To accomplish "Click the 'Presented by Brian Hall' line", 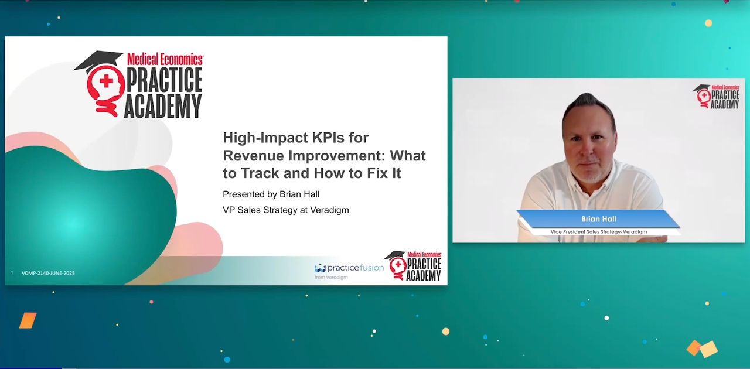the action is click(271, 194).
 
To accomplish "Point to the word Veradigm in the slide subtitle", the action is click(329, 210).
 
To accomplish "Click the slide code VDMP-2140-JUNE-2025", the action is click(48, 273).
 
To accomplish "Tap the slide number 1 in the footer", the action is click(12, 273).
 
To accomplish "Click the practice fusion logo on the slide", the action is click(349, 268).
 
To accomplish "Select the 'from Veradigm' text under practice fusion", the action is click(331, 277).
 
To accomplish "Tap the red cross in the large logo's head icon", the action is click(106, 81).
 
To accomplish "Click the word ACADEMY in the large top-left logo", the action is click(163, 106).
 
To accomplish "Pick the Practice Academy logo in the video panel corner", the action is click(716, 97).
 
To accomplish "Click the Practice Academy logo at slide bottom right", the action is click(412, 266).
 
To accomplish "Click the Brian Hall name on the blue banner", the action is click(599, 219).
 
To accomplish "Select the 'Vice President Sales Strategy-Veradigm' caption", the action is click(599, 232).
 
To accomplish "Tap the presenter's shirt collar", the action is click(589, 186).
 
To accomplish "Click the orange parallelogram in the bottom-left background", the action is click(28, 320).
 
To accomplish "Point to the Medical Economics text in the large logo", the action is click(165, 59).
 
